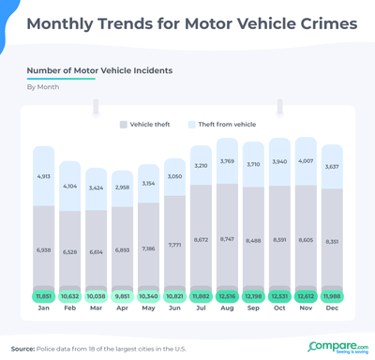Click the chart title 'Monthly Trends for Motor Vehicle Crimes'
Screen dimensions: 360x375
point(187,22)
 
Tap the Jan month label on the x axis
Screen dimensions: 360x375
point(44,308)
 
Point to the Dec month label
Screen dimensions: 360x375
point(333,308)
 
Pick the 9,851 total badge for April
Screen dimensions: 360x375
point(123,295)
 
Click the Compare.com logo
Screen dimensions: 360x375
point(336,347)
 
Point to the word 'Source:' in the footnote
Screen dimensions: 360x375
point(23,348)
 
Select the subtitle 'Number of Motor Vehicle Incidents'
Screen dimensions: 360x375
point(98,70)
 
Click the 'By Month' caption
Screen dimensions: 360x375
point(43,86)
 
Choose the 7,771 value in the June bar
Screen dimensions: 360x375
point(175,245)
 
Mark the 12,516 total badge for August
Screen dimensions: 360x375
point(228,295)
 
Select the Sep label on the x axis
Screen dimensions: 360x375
point(254,308)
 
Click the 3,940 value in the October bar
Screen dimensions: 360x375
point(280,160)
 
